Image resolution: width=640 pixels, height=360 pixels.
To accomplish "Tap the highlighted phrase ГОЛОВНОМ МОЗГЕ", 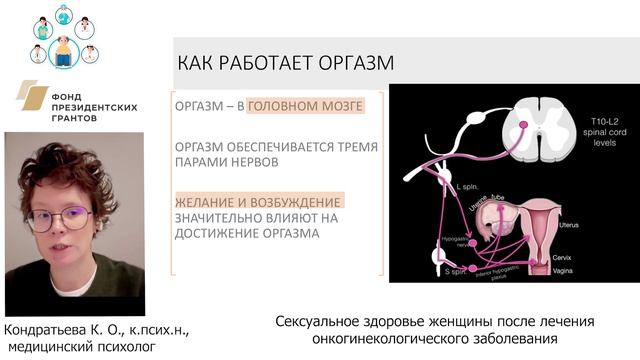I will click(304, 105).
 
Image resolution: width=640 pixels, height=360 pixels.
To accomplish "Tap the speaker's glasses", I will click(59, 218).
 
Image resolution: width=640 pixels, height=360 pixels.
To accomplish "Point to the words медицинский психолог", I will click(76, 347).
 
